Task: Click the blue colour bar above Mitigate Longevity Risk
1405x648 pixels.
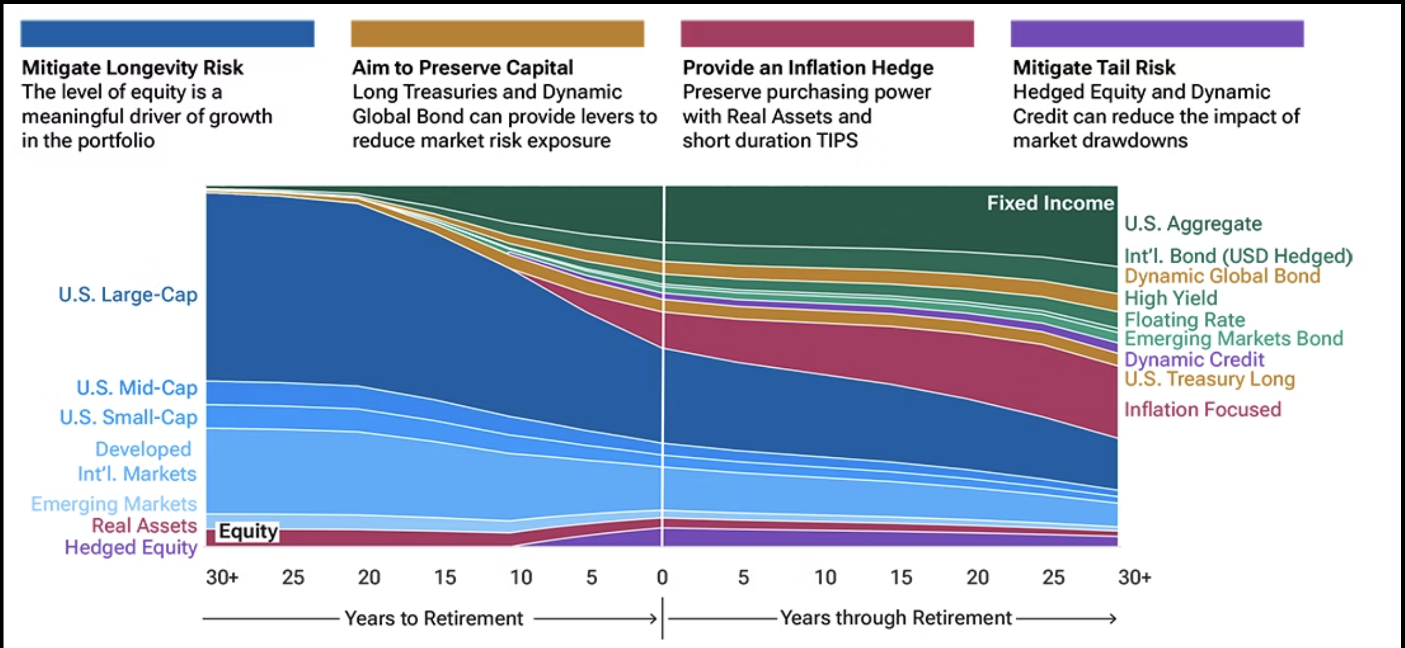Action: point(167,33)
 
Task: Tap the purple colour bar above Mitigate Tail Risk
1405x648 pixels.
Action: point(1157,33)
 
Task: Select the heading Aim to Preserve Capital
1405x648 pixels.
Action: point(462,68)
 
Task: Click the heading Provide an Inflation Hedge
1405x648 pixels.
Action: point(808,68)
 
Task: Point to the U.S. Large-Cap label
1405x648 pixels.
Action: point(128,295)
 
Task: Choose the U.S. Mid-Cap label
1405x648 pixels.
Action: point(137,388)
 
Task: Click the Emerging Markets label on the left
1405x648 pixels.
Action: point(114,504)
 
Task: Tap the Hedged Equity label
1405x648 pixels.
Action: point(131,547)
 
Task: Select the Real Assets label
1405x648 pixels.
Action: point(144,526)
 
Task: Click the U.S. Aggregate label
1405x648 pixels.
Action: point(1193,224)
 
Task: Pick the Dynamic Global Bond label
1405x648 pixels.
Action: point(1222,276)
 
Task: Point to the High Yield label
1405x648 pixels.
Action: point(1171,298)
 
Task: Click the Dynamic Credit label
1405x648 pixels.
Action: point(1194,359)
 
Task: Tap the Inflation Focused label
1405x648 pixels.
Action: point(1202,409)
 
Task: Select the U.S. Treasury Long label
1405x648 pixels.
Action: point(1209,379)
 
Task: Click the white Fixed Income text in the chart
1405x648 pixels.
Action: point(1050,203)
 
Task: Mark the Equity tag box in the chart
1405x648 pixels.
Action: point(248,532)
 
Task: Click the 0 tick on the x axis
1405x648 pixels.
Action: point(662,578)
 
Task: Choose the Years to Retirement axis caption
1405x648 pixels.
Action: point(433,618)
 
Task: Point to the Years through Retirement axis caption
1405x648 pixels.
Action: point(896,618)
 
